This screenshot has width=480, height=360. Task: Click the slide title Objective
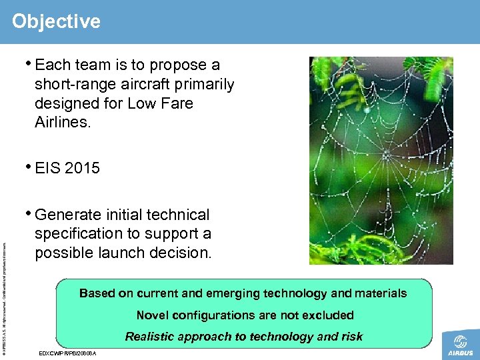click(x=56, y=21)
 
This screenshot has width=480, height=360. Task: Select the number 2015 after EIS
click(x=83, y=168)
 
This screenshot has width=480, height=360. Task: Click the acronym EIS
click(x=48, y=168)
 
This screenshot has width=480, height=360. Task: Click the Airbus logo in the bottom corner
click(x=460, y=343)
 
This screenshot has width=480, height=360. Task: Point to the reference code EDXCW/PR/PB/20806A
click(x=68, y=353)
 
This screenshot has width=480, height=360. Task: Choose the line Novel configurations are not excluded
click(x=245, y=315)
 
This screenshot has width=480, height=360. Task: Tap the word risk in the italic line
click(x=351, y=337)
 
